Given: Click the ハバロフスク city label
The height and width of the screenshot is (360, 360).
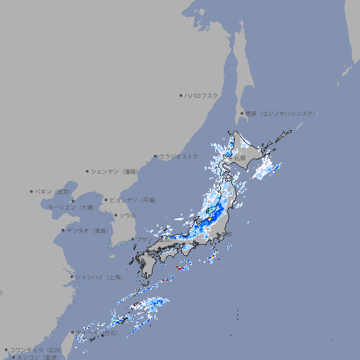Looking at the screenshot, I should point(202,95).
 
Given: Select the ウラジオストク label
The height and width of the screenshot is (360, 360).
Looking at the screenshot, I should point(179,156).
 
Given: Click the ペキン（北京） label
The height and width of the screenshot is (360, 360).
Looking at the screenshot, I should point(54,191).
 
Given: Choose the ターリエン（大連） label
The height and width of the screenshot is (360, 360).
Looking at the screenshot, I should point(71,207).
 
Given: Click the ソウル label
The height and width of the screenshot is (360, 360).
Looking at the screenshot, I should point(127,215).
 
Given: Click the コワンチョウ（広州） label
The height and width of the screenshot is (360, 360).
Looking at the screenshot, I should point(36,349).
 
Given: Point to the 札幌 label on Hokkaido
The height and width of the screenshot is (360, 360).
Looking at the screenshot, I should point(240,158).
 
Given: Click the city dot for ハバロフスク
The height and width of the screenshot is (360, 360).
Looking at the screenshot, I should point(181,95).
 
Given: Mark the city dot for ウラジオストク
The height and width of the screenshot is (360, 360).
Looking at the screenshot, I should point(155,156).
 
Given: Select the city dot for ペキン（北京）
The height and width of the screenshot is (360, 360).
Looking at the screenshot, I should point(32,191).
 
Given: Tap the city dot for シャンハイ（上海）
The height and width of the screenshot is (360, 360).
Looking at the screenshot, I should point(72,277).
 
